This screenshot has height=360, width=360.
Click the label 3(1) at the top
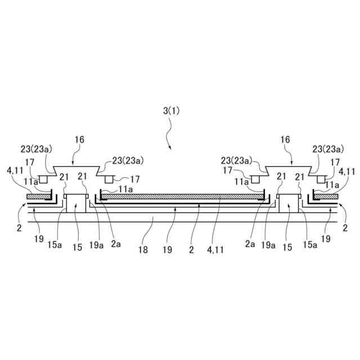click(172, 111)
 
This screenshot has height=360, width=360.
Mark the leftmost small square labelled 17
click(42, 179)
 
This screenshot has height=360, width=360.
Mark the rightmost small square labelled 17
click(321, 179)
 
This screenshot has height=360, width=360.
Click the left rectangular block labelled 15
click(76, 204)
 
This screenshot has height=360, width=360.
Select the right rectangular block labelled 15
click(289, 204)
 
